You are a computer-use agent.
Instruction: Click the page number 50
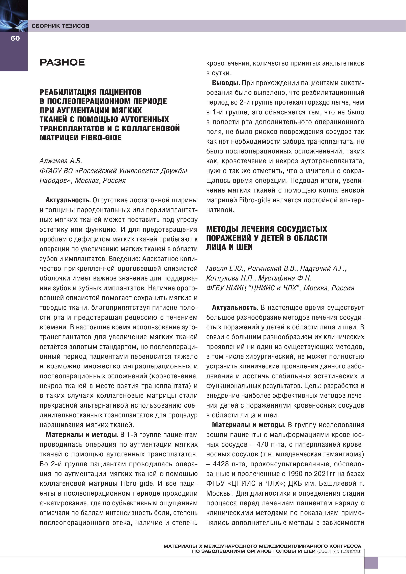point(15,38)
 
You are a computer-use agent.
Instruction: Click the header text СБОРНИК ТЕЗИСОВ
point(60,26)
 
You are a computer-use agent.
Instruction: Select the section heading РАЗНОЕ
point(62,62)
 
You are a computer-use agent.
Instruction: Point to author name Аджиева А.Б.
point(61,161)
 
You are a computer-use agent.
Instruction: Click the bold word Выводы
point(226,83)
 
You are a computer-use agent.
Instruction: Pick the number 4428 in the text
point(221,464)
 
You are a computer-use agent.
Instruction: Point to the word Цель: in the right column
point(313,386)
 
